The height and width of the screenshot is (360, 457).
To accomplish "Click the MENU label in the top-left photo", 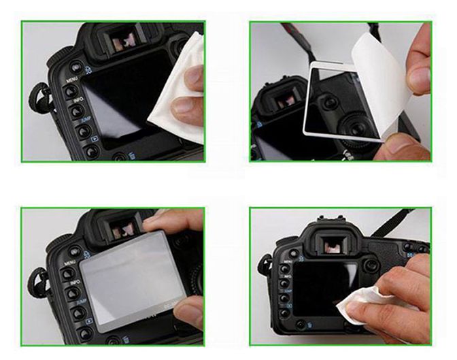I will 71,80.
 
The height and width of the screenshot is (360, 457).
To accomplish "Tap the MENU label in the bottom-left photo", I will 69,261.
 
